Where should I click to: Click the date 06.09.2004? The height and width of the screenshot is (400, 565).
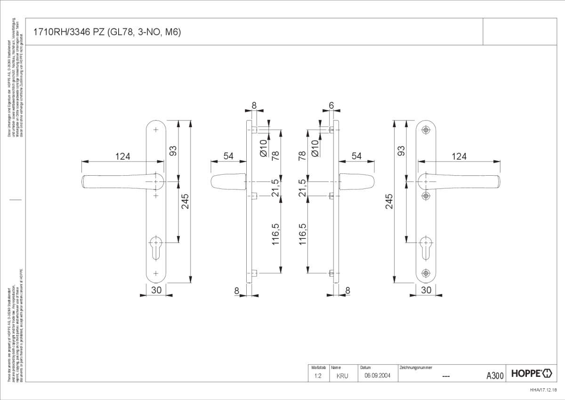378,376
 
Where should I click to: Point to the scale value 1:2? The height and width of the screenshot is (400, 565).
317,376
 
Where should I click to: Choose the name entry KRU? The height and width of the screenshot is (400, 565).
342,376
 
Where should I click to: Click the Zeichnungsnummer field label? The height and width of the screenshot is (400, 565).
416,367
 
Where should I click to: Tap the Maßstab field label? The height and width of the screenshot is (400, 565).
318,367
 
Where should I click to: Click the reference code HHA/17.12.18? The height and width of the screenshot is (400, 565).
543,390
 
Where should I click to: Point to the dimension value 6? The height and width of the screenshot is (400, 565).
331,106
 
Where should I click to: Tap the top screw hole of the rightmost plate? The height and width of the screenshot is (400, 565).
426,129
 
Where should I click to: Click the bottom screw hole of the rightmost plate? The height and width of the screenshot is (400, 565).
426,272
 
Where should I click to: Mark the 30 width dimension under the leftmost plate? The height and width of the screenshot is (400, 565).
156,290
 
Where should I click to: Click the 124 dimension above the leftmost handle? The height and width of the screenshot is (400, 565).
122,156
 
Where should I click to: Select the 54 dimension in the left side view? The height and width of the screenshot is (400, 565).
229,156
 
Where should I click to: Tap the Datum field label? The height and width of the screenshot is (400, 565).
365,367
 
